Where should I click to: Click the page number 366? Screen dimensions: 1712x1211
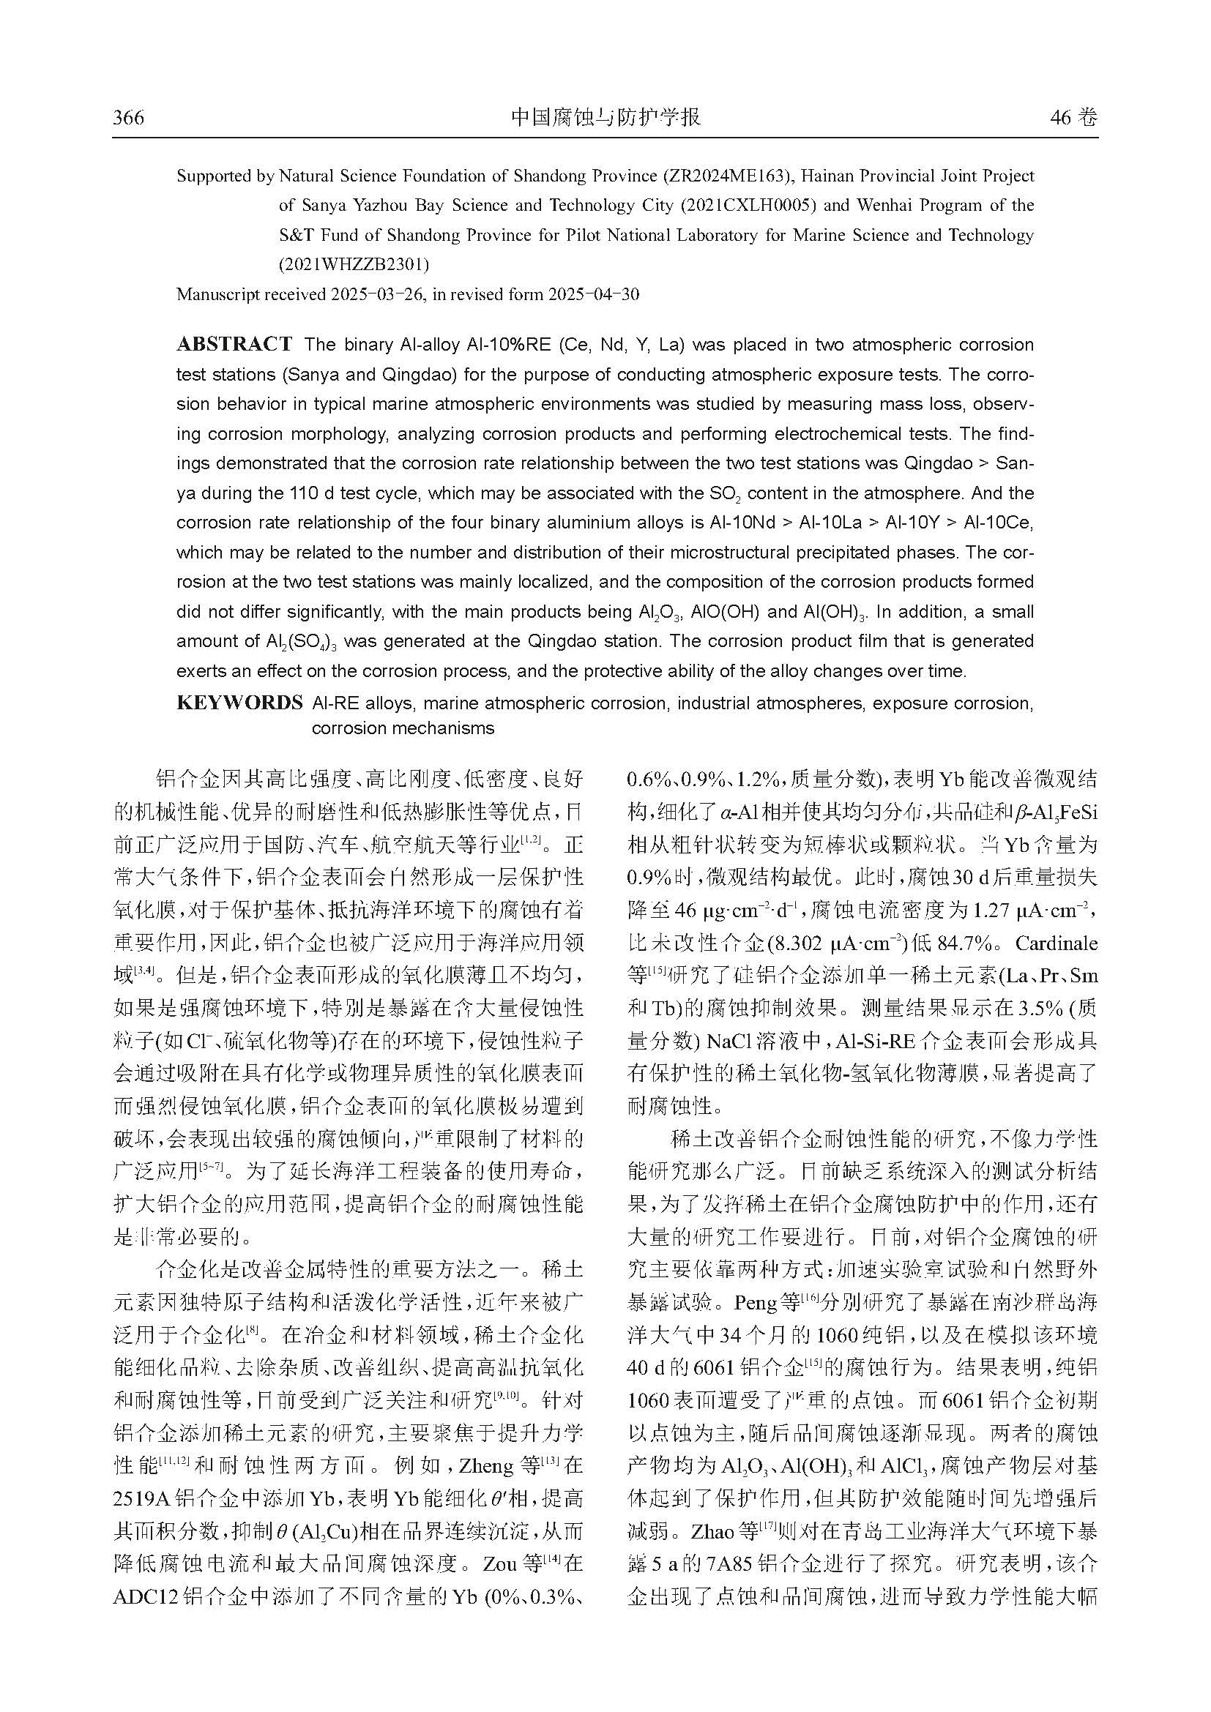128,118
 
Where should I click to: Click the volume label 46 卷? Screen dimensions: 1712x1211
1073,118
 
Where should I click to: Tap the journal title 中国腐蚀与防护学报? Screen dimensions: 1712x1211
605,118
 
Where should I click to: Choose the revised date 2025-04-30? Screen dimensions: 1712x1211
593,294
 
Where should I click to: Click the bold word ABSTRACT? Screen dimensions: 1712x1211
234,345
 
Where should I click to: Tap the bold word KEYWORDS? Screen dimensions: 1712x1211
239,703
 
